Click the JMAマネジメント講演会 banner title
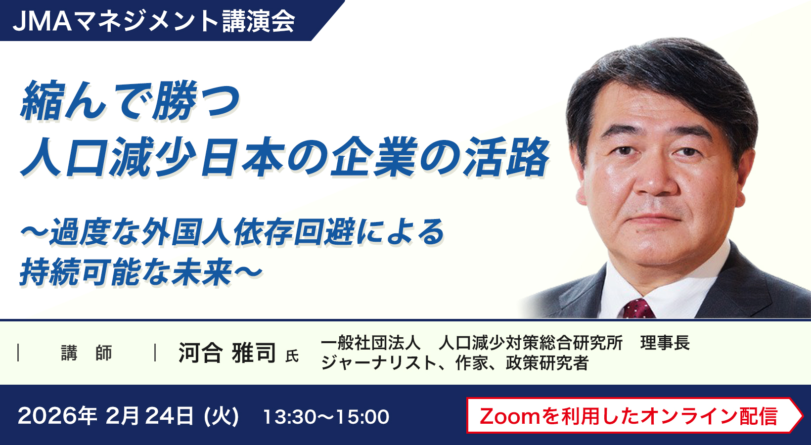(154, 21)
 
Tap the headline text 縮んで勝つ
(130, 101)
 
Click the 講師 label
(87, 353)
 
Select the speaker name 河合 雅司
(227, 353)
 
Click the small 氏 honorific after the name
(292, 356)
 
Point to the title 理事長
(665, 343)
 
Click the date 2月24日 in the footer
(149, 416)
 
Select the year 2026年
(57, 416)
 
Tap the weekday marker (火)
(221, 416)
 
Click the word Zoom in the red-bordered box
(509, 416)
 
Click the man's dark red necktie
(638, 309)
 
